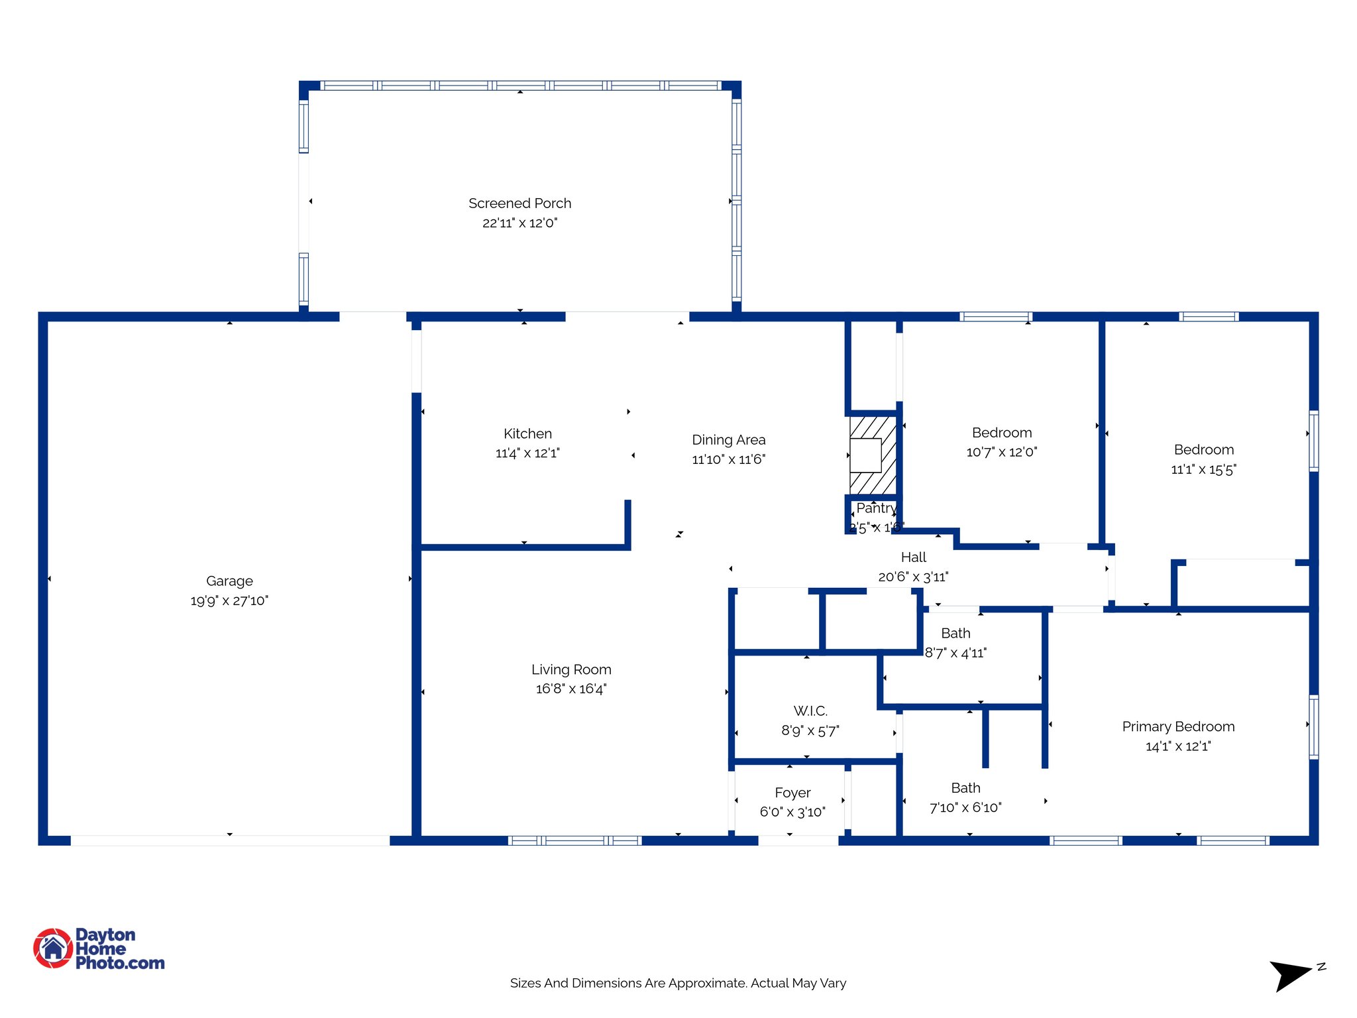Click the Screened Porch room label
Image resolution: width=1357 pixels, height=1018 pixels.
[x=519, y=203]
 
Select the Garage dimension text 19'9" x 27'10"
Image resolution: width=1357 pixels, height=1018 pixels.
[x=229, y=600]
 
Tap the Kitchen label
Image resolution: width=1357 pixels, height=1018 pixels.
[x=527, y=433]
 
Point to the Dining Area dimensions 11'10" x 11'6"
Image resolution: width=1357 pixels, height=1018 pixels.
[x=728, y=459]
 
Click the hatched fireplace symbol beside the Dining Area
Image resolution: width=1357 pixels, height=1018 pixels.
[x=873, y=455]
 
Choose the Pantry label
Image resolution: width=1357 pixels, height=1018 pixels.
[x=876, y=508]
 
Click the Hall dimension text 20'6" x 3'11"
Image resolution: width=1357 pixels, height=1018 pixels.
[x=913, y=577]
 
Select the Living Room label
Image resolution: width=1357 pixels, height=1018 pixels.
[x=571, y=669]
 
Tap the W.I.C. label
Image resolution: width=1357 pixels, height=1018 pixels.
[x=810, y=711]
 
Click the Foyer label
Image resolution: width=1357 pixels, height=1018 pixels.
[x=792, y=793]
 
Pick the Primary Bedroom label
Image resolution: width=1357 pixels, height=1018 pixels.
[x=1178, y=726]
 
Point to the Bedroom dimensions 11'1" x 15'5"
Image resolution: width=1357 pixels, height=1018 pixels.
[x=1203, y=470]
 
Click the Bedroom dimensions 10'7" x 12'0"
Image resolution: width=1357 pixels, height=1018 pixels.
[x=1001, y=452]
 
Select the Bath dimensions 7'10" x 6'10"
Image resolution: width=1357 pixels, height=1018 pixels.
[x=965, y=807]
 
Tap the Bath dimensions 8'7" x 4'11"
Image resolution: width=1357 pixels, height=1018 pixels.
[x=955, y=653]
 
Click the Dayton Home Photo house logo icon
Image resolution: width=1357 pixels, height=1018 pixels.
[x=53, y=948]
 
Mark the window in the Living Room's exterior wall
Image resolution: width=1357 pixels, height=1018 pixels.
[x=575, y=840]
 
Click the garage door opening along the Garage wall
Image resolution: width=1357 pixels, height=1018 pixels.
[x=230, y=840]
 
